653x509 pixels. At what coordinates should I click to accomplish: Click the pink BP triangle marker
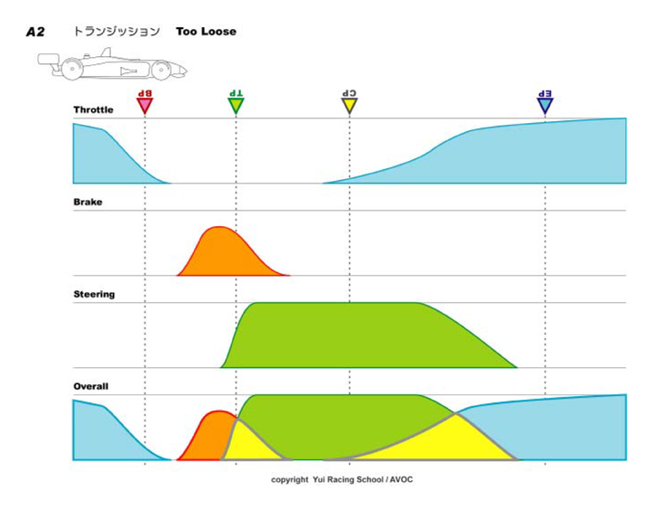[x=145, y=106]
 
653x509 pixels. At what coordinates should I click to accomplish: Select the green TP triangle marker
[x=236, y=106]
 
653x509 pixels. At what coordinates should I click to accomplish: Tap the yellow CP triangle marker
[x=350, y=106]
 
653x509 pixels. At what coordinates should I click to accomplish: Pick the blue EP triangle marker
[x=545, y=106]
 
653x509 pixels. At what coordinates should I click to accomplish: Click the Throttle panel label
[x=94, y=110]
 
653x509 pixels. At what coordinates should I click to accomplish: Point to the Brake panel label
[x=88, y=203]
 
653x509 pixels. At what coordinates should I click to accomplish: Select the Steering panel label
[x=94, y=295]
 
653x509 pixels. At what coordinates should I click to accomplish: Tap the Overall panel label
[x=91, y=387]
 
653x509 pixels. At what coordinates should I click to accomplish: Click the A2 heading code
[x=35, y=32]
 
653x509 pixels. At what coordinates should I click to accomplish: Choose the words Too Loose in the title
[x=206, y=32]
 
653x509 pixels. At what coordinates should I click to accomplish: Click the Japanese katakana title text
[x=117, y=32]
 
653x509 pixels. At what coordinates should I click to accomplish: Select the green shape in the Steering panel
[x=361, y=335]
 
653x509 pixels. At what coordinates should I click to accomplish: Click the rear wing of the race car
[x=48, y=61]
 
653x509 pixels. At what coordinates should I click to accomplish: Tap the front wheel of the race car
[x=161, y=69]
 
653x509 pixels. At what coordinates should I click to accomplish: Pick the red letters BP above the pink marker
[x=145, y=93]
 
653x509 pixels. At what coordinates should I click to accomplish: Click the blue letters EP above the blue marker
[x=545, y=93]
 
